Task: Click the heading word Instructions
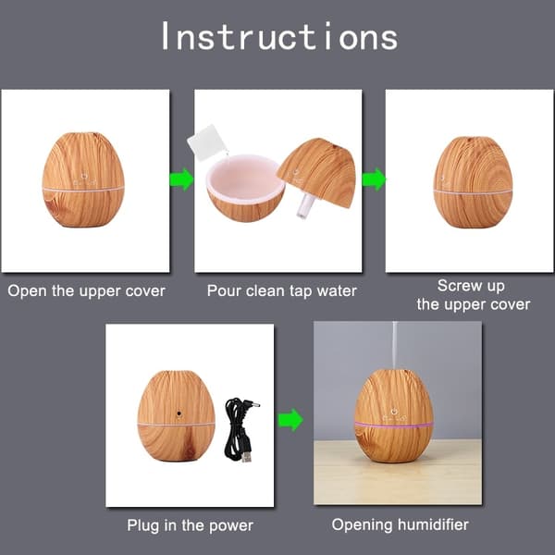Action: point(279,36)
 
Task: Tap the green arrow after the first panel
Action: point(181,179)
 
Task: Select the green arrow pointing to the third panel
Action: point(374,179)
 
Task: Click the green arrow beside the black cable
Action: point(290,420)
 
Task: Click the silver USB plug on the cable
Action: point(247,457)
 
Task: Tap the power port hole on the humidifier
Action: point(179,413)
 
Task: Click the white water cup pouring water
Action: point(207,142)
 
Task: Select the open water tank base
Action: point(245,188)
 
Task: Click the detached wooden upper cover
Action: point(316,172)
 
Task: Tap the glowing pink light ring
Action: point(394,424)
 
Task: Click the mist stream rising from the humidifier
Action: point(395,345)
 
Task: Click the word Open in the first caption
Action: point(28,291)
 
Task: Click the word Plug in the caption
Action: point(143,526)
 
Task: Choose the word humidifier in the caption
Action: point(433,524)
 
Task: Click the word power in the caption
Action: point(231,526)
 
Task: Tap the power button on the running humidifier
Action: point(394,411)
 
